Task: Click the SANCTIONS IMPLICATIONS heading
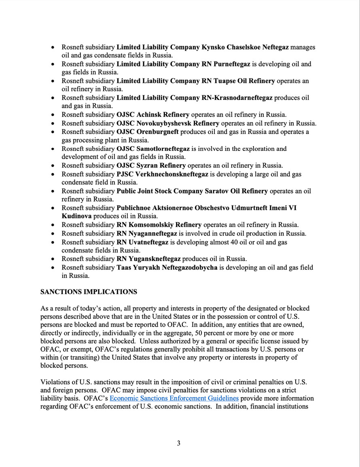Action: tap(89, 291)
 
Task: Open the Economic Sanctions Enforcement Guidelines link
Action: tap(174, 398)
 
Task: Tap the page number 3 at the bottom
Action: tap(179, 443)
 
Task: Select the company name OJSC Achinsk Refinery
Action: tap(153, 115)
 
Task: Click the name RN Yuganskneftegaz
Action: tap(149, 259)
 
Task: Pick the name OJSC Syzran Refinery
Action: tap(151, 166)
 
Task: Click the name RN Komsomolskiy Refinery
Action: tap(159, 225)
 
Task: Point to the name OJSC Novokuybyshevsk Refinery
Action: tap(168, 123)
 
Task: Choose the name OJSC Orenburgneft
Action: tap(148, 132)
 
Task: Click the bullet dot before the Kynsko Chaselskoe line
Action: tap(53, 48)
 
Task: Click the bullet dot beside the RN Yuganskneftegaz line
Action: tap(53, 259)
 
